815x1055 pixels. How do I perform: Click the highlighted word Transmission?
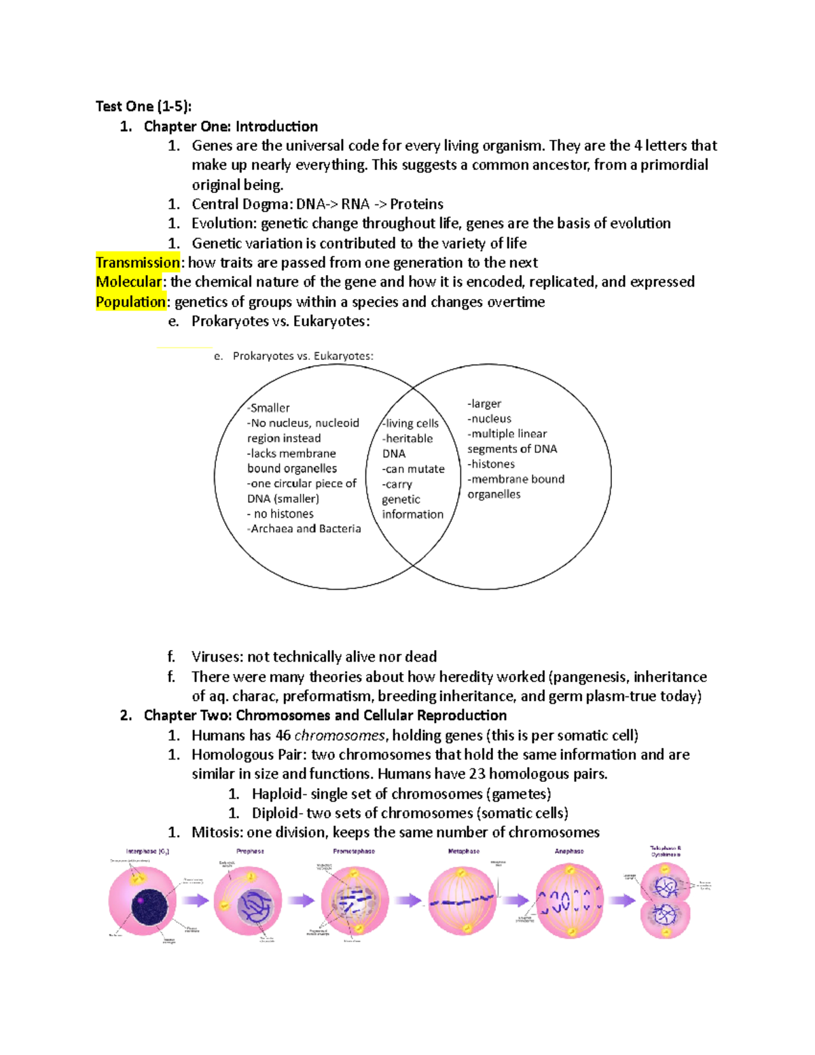[137, 263]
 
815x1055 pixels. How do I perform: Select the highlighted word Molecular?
[129, 282]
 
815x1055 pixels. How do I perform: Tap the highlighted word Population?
[130, 302]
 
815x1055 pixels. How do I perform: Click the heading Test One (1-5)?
[143, 106]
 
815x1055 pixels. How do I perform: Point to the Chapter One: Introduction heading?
[230, 126]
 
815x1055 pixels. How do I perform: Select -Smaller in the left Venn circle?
[269, 408]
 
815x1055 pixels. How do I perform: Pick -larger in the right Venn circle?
[484, 404]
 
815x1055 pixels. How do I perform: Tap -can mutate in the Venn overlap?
[413, 469]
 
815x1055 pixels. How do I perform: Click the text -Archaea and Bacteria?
[304, 529]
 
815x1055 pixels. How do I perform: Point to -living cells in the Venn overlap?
[411, 423]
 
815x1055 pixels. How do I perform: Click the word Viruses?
[217, 657]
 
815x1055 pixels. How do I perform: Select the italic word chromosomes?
[340, 735]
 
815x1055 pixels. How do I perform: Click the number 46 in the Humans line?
[283, 735]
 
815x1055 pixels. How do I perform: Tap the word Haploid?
[276, 793]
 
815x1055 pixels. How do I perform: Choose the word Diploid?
[275, 813]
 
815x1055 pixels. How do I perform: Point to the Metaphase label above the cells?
[464, 851]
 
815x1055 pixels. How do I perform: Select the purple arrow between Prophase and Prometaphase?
[300, 901]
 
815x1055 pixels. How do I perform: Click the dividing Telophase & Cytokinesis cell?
[665, 901]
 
